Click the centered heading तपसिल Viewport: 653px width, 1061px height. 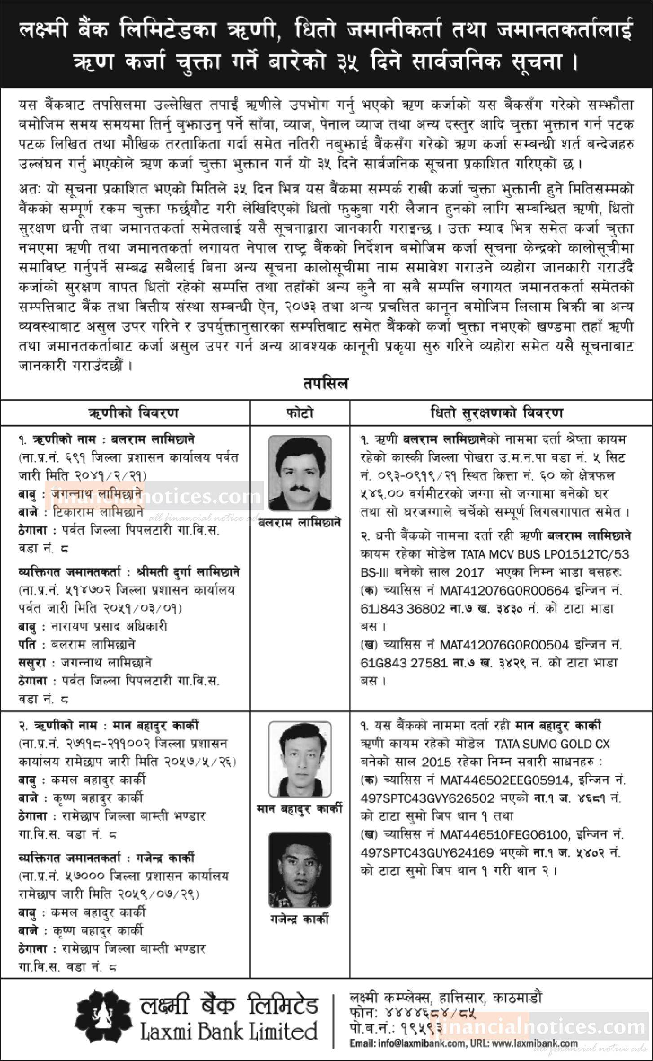(x=326, y=384)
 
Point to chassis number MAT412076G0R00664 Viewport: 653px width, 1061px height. (x=504, y=590)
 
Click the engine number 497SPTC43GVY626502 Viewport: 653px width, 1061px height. (x=427, y=798)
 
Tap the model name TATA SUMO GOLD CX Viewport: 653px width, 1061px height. (x=552, y=744)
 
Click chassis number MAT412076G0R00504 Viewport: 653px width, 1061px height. (x=504, y=645)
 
